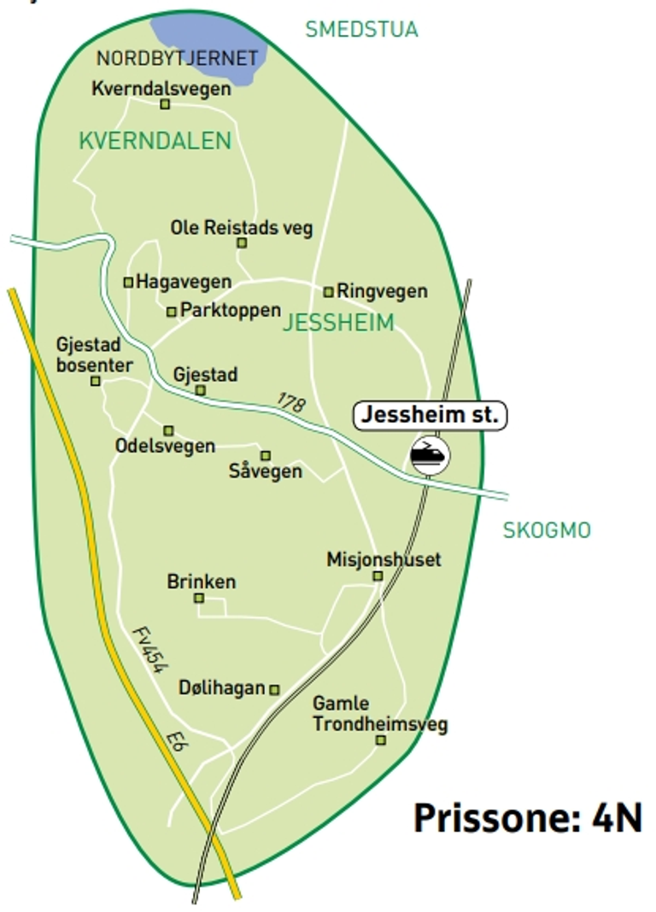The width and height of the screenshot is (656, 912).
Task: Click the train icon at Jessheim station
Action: click(x=430, y=454)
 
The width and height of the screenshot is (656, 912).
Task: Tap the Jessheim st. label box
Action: click(x=430, y=416)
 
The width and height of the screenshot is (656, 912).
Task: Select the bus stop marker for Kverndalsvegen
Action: click(x=166, y=104)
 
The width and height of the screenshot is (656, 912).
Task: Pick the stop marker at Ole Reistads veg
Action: click(x=242, y=243)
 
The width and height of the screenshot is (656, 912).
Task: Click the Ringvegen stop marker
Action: click(x=328, y=292)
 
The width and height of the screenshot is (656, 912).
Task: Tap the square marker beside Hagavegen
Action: click(x=129, y=282)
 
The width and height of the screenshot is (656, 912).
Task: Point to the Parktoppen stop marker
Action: click(x=172, y=312)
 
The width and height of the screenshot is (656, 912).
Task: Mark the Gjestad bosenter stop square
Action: click(x=96, y=381)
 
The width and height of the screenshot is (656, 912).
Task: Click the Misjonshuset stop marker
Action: click(x=378, y=576)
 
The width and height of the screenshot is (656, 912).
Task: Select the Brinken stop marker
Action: click(x=199, y=598)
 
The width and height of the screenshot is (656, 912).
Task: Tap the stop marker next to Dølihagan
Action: click(x=274, y=689)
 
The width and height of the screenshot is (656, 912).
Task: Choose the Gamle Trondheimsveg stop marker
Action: click(x=381, y=740)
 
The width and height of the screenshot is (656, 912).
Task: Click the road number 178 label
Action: click(x=290, y=403)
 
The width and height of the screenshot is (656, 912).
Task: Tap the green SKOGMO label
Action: click(x=547, y=530)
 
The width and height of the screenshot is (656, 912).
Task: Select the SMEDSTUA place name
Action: click(x=361, y=30)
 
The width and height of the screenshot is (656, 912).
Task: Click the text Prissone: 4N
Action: click(x=527, y=817)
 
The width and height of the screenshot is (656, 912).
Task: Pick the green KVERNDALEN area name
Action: click(x=155, y=141)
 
